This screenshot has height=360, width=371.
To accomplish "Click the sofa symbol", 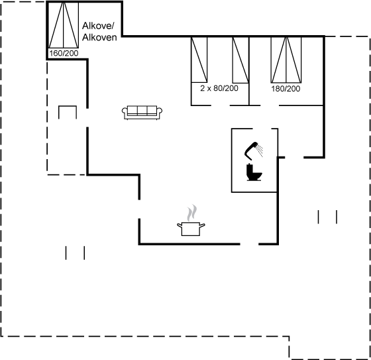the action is [x=142, y=113].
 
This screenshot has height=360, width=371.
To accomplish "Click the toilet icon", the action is [x=254, y=172].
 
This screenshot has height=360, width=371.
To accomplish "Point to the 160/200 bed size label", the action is [x=64, y=53].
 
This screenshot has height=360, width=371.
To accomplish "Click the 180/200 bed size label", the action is [x=286, y=89].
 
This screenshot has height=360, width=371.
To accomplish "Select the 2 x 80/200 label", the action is [x=219, y=88].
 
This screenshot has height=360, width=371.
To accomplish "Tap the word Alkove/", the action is [x=98, y=26].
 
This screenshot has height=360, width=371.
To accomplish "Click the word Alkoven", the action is [x=99, y=37].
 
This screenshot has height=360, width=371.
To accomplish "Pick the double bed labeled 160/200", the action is [x=64, y=25].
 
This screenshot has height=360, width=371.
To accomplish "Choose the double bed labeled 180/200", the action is [x=286, y=60].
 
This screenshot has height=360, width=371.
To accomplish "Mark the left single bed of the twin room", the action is [x=199, y=60].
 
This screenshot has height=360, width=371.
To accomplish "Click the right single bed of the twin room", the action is [x=240, y=60].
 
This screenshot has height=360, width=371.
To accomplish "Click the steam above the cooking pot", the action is [x=192, y=213].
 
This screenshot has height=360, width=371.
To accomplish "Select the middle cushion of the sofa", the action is [x=142, y=110].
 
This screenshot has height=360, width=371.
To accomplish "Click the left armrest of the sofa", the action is [x=125, y=113].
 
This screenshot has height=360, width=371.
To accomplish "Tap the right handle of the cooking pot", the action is [x=202, y=225].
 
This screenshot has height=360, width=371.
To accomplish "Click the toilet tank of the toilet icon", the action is [x=249, y=169].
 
